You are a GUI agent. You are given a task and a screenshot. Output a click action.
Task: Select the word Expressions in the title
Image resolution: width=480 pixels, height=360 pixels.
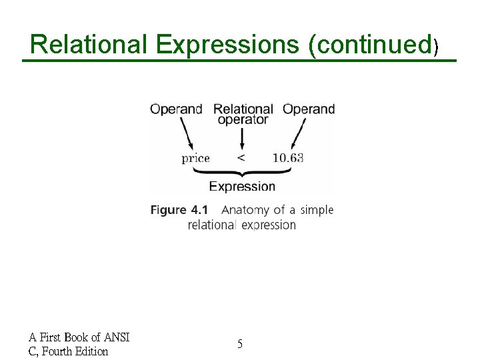tap(228, 44)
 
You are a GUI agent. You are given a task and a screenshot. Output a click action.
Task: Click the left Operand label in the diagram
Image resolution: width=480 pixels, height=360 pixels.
tap(176, 109)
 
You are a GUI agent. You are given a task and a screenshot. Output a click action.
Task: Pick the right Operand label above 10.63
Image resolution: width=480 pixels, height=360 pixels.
tap(309, 109)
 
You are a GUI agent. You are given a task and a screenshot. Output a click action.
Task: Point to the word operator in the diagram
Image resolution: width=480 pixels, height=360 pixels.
tap(243, 120)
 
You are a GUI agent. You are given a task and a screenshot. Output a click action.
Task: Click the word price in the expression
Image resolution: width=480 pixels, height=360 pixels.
tap(195, 159)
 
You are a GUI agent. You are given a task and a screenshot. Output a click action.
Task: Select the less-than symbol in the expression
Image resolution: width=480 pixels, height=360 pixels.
tap(241, 159)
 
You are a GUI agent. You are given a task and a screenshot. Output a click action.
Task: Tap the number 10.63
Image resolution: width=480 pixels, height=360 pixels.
tap(288, 159)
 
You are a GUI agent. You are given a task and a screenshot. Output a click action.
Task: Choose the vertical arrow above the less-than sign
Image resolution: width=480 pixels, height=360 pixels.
tap(241, 138)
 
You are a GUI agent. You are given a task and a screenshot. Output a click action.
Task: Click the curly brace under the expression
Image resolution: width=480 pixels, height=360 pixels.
tap(242, 172)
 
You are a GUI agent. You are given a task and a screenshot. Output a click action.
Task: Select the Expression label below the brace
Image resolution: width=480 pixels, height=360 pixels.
tap(242, 187)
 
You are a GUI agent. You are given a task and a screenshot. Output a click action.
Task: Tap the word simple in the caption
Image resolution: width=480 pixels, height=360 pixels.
tap(316, 210)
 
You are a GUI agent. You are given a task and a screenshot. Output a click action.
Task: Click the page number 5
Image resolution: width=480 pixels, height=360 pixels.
tap(240, 344)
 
